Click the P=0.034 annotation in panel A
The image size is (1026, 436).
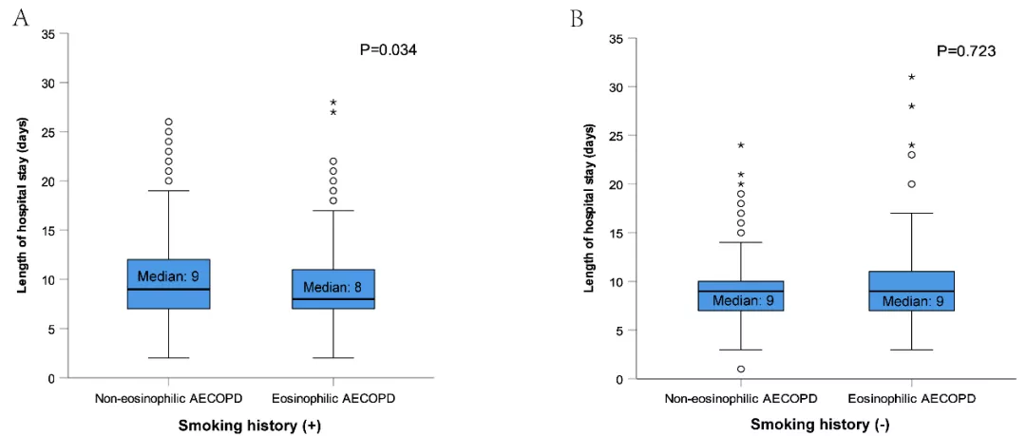click(388, 49)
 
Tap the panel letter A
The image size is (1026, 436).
click(22, 18)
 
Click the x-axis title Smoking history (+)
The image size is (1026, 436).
click(251, 423)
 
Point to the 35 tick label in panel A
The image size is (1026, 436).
click(47, 33)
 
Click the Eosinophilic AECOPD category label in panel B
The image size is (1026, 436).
click(911, 399)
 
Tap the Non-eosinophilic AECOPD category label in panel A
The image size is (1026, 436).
click(169, 398)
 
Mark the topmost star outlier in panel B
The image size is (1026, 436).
click(911, 77)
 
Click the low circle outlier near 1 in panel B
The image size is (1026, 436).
click(741, 370)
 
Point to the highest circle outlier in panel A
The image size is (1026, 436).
click(169, 122)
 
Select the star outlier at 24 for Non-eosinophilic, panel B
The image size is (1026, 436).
click(741, 145)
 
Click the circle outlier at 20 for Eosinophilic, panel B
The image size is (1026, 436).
click(911, 184)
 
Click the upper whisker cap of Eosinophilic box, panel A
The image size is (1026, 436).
click(333, 211)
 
